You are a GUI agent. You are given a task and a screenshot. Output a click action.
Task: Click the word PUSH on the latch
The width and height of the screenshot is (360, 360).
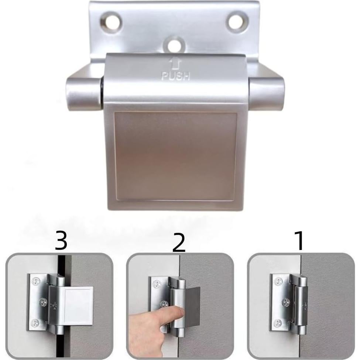click(x=176, y=76)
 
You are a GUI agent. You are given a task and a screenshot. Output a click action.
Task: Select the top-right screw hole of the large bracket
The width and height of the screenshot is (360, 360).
click(x=236, y=21)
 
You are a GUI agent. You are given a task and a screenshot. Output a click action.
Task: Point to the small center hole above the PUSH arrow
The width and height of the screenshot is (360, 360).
click(x=174, y=45)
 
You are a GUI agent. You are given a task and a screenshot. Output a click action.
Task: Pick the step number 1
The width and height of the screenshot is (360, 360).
click(x=300, y=240)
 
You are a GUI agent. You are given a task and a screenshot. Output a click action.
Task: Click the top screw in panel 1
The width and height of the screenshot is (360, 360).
click(x=277, y=282)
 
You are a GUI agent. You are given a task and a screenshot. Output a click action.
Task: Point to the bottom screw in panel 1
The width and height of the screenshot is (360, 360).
click(x=277, y=324)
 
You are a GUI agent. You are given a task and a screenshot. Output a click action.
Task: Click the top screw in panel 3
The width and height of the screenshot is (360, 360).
click(x=36, y=281)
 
